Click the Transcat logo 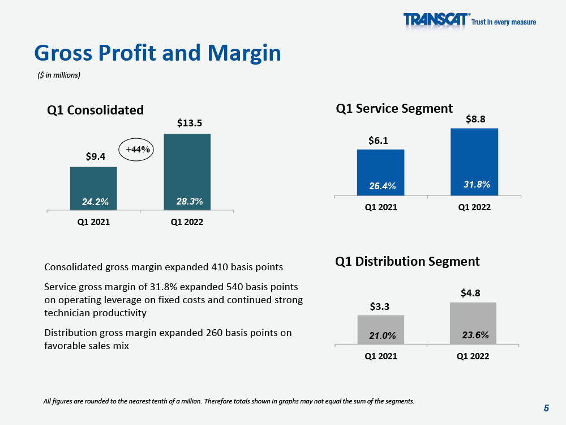point(469,19)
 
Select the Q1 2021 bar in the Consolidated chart point(93,188)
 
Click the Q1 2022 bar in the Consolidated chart point(187,172)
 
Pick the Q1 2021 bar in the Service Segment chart point(380,172)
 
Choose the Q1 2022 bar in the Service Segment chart point(474,162)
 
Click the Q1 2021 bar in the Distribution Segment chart point(381,330)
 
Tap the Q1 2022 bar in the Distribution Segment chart point(473,323)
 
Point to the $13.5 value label point(190,123)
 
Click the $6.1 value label point(378,141)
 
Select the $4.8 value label point(470,293)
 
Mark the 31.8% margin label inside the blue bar point(477,184)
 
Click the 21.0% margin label point(382,335)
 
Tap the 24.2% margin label point(95,202)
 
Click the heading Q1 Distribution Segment point(407,262)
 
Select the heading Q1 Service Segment point(394,109)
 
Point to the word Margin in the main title point(245,53)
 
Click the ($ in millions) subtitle point(59,75)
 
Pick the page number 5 point(546,408)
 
